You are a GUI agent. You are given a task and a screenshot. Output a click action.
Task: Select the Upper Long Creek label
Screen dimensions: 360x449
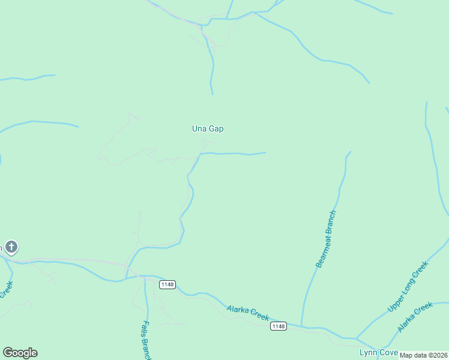point(408,287)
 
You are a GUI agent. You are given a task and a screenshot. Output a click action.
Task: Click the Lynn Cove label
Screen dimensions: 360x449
point(378,352)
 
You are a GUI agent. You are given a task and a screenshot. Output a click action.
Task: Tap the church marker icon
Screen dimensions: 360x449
point(11,247)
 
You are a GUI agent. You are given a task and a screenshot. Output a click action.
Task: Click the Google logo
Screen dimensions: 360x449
point(20,353)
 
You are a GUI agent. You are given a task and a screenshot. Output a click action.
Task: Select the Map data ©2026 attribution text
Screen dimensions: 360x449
point(424,355)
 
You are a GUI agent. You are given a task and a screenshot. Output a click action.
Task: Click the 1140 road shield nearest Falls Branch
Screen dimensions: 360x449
point(167,284)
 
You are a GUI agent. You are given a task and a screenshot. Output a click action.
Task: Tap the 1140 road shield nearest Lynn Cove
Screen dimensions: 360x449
point(277,326)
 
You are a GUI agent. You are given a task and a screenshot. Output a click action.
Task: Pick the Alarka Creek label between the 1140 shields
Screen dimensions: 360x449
point(248,313)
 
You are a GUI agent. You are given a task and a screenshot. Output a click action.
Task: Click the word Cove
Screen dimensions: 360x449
point(387,352)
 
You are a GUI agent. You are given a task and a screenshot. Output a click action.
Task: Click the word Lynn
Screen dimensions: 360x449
point(367,352)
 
